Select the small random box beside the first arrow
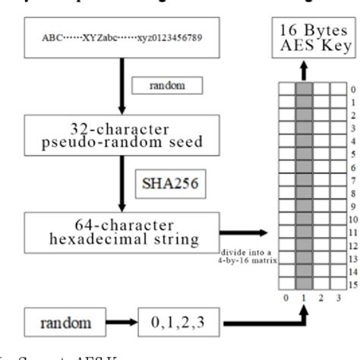(x=167, y=86)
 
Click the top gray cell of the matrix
(x=304, y=88)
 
